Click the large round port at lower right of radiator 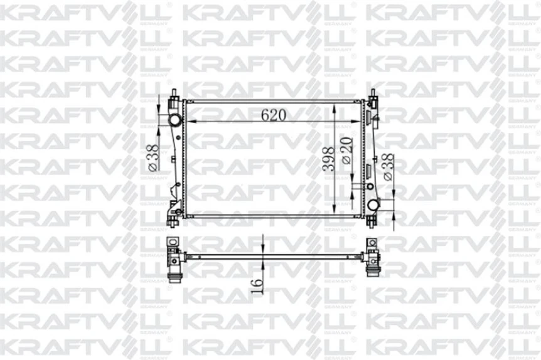point(373,204)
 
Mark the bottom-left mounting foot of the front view point(171,219)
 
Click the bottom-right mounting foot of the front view point(372,220)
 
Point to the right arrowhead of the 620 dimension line point(360,121)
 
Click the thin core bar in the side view point(276,255)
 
